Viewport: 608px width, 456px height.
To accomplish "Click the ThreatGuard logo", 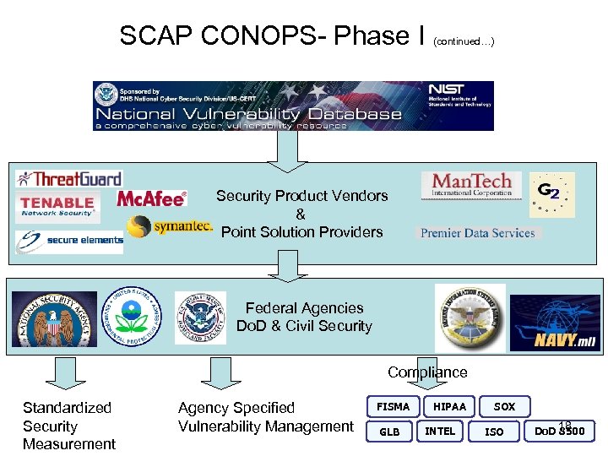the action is point(69,179).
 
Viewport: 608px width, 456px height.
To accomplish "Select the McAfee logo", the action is point(151,198).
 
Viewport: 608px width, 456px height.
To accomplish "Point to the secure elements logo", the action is point(68,242).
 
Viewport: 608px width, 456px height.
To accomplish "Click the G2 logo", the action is point(551,195).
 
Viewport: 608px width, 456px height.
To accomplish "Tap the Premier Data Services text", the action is point(478,233).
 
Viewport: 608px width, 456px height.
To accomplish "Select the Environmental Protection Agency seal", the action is point(129,318).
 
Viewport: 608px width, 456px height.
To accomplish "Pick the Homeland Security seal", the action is point(200,318).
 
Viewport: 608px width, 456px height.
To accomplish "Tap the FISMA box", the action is point(393,407).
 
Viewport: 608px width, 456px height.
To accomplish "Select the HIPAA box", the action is point(449,407).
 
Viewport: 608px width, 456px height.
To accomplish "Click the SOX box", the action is point(504,407).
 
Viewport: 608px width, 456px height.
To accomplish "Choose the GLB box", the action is point(389,432).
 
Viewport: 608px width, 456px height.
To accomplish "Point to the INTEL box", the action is point(440,432).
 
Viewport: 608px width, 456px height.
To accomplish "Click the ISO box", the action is point(495,432).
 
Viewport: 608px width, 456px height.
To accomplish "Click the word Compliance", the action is point(427,372).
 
